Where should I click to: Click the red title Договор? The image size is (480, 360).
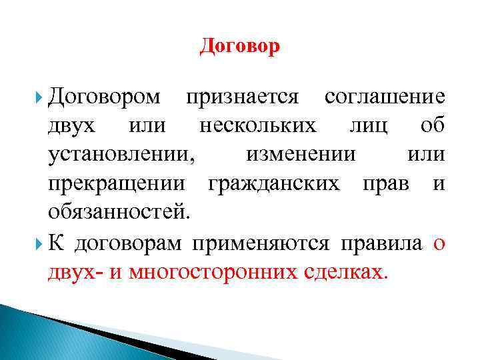pyautogui.click(x=240, y=47)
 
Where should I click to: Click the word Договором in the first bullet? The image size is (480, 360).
pyautogui.click(x=105, y=97)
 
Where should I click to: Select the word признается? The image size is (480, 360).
pyautogui.click(x=242, y=97)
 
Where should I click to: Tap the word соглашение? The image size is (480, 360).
pyautogui.click(x=385, y=97)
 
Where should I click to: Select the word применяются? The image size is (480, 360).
pyautogui.click(x=260, y=243)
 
